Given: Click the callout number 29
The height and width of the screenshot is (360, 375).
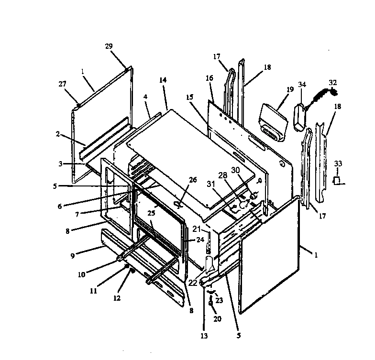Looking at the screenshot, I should pos(109,46).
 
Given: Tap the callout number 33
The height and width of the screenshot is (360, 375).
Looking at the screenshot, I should pos(338,164).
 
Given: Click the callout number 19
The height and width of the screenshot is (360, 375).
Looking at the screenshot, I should pos(290,89).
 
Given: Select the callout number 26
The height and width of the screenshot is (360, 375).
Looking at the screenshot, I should pos(193,180).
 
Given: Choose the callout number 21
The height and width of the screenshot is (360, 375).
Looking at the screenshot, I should pos(197,229).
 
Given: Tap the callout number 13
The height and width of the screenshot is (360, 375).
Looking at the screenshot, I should pos(204,336).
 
